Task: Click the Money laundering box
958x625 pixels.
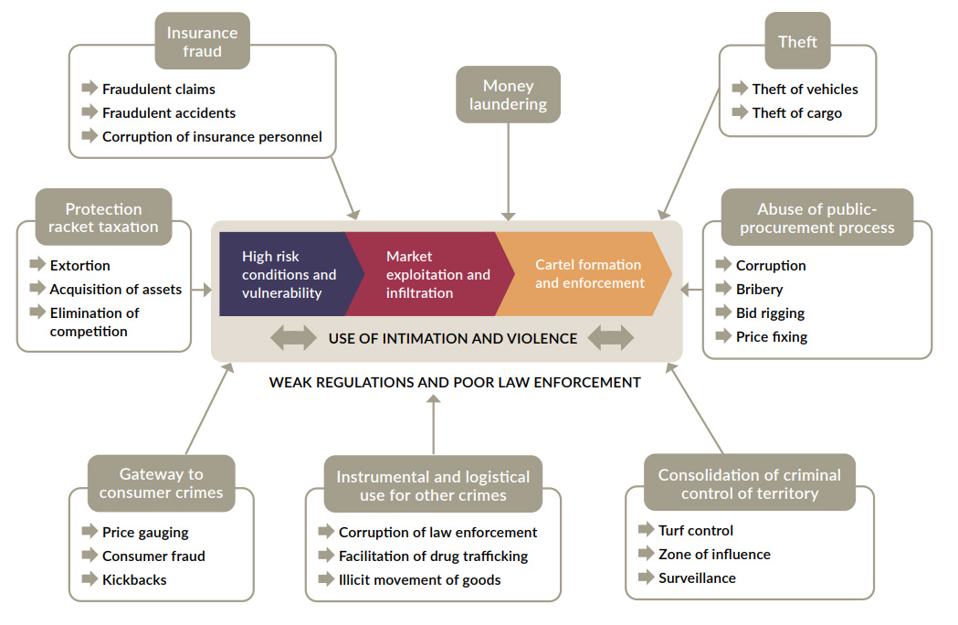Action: point(508,94)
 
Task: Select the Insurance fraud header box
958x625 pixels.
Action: point(202,41)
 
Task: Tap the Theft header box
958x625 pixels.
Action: point(797,42)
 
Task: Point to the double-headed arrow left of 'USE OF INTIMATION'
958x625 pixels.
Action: point(293,338)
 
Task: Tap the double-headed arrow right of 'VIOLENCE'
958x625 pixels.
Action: point(610,338)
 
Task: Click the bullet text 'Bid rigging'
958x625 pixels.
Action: point(770,312)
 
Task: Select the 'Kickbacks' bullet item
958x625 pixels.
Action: point(134,579)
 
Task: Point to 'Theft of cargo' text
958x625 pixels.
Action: point(796,113)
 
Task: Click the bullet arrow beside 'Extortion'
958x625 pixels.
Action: point(37,265)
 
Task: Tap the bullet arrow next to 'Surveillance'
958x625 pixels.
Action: point(646,577)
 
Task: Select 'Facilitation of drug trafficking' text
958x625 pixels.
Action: point(433,556)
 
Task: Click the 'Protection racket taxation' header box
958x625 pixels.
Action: point(103,217)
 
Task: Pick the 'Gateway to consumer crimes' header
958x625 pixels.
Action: point(161,483)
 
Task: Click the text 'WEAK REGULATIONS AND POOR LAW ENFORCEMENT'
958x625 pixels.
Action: point(455,382)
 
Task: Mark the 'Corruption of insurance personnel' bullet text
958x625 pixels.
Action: point(212,137)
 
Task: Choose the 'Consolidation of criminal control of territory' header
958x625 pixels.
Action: point(749,483)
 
